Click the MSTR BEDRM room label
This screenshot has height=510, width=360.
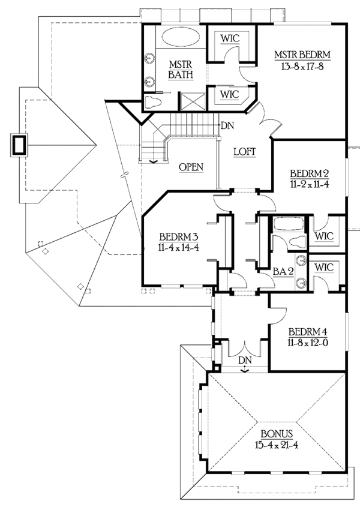tap(303, 56)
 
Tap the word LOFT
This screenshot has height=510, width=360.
tap(245, 152)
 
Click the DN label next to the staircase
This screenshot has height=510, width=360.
tap(227, 125)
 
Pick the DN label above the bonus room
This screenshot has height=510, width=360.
tap(245, 360)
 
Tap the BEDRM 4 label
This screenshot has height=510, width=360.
tap(308, 332)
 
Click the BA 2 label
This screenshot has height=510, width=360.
tap(283, 271)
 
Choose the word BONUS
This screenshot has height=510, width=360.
tap(277, 433)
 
